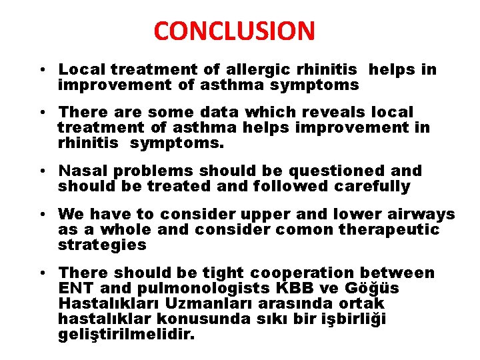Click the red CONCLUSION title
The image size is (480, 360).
click(x=234, y=31)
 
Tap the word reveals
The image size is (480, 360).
click(x=321, y=112)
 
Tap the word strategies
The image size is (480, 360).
click(x=101, y=245)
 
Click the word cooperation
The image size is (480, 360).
click(x=302, y=273)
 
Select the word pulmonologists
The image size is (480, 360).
click(x=203, y=288)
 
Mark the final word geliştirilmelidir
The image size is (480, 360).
click(x=127, y=334)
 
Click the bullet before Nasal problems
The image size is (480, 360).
click(x=42, y=172)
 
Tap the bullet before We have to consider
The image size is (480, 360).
click(x=42, y=215)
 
